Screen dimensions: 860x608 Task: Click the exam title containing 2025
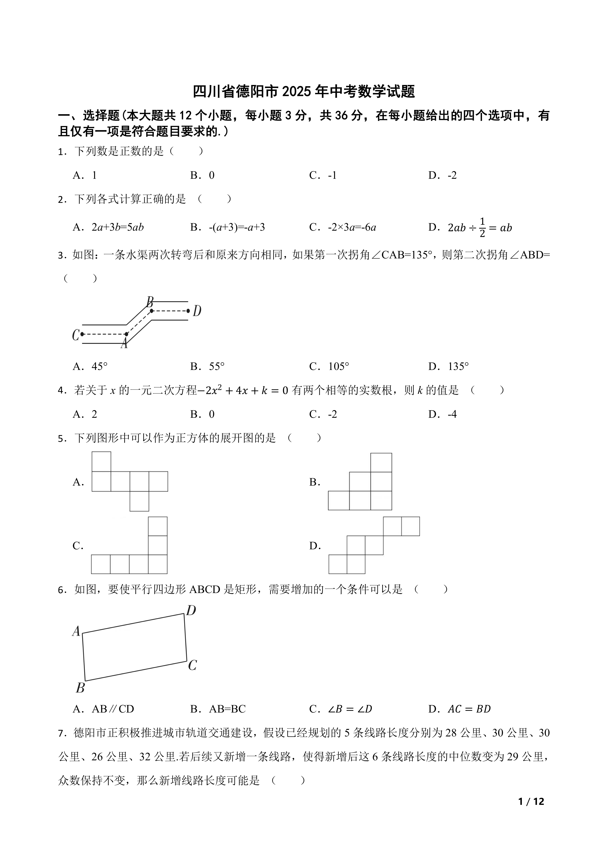pos(304,92)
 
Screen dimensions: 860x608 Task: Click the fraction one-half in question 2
pos(482,227)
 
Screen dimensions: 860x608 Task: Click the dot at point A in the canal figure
pos(127,334)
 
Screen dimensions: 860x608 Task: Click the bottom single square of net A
pos(139,501)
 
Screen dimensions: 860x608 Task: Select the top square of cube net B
pos(381,463)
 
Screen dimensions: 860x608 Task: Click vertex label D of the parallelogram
pos(191,611)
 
